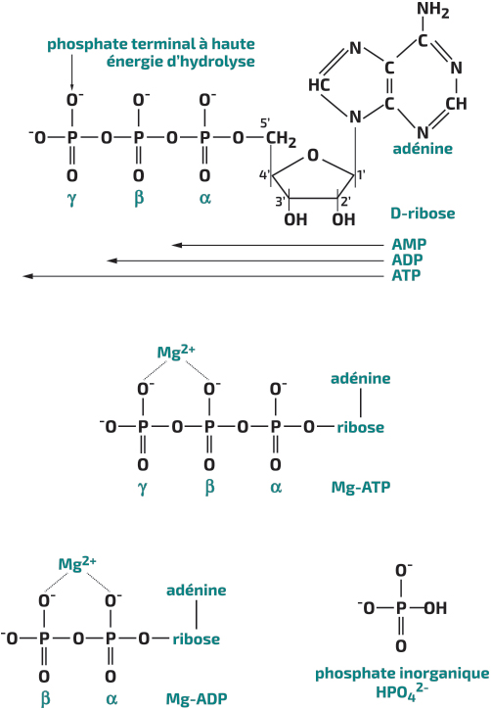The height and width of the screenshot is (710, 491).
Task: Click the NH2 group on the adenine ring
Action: point(432,10)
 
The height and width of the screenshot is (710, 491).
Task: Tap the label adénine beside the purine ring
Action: point(423,149)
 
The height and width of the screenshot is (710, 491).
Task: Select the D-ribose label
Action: point(423,213)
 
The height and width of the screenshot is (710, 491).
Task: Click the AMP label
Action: point(409,245)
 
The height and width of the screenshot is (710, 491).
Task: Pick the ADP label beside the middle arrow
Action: point(407,260)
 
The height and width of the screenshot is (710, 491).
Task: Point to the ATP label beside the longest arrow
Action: point(406,275)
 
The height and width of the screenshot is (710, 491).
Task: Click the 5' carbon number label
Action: point(265,122)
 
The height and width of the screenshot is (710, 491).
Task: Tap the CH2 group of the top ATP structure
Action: point(281,139)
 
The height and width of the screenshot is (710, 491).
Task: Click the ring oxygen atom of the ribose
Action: point(313,156)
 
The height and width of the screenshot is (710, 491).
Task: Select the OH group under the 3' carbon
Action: point(295,219)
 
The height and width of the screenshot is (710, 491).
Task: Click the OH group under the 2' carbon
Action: point(343,219)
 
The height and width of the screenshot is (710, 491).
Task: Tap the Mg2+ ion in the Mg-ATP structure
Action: point(176,352)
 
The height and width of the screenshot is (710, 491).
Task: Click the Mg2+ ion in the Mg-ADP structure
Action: point(77,564)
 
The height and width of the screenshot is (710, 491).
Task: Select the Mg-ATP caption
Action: point(361,488)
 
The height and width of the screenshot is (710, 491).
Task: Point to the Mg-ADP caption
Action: point(197,698)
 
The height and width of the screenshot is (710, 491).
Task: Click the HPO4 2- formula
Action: point(402,691)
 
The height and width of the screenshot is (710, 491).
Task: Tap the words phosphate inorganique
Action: point(402,674)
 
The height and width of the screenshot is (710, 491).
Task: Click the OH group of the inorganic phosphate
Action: point(435,608)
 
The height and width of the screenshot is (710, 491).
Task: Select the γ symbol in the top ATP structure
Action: point(71,199)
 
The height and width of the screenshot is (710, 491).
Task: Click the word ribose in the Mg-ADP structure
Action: point(197,639)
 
